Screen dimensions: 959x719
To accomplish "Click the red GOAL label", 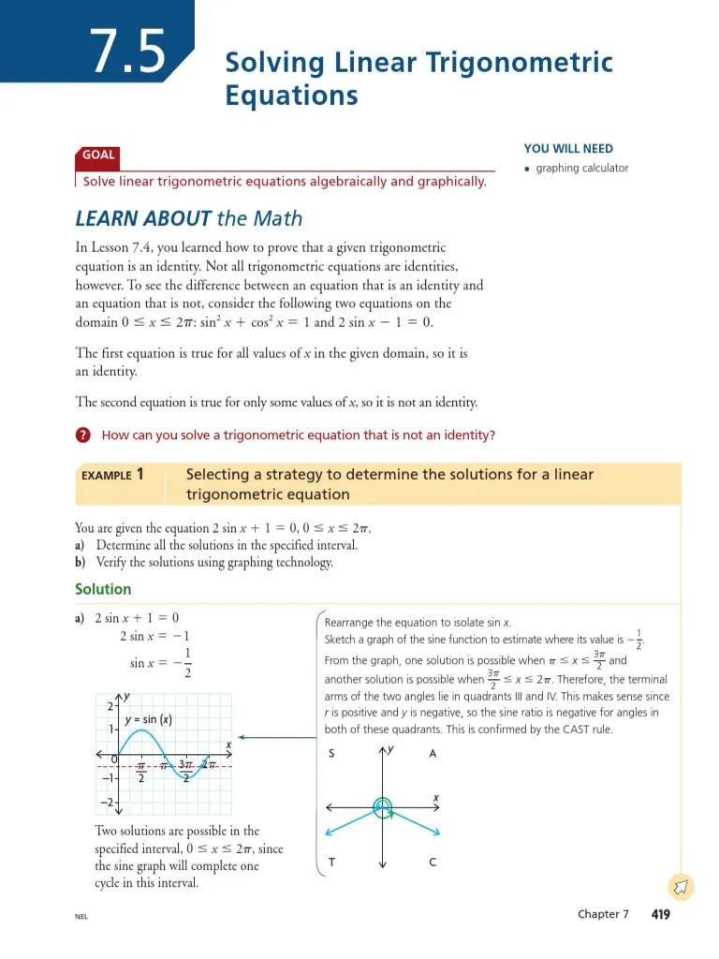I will (x=98, y=155).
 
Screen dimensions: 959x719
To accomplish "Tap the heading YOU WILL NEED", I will (x=568, y=149).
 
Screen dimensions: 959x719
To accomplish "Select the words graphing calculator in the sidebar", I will (x=581, y=169).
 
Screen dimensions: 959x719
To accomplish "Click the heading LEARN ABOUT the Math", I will (x=188, y=218).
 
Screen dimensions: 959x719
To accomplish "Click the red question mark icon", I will (x=83, y=435).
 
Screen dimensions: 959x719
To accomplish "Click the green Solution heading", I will (x=103, y=589).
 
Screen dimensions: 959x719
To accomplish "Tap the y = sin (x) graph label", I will (x=149, y=720).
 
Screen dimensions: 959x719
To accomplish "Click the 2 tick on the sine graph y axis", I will (x=109, y=705).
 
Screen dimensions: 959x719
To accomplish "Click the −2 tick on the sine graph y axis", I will (x=107, y=804).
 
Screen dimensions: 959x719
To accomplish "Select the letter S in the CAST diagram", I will (x=332, y=754).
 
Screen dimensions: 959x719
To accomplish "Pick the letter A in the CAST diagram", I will (x=433, y=754).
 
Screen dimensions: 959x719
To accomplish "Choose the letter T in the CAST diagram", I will (x=332, y=863).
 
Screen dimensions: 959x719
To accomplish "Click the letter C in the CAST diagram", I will (x=433, y=863).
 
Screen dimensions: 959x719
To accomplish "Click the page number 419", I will (x=660, y=914).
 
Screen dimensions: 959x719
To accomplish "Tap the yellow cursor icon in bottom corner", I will (x=681, y=885).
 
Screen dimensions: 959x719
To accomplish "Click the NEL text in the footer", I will (x=81, y=916).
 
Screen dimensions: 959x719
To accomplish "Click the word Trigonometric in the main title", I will (x=520, y=64).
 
